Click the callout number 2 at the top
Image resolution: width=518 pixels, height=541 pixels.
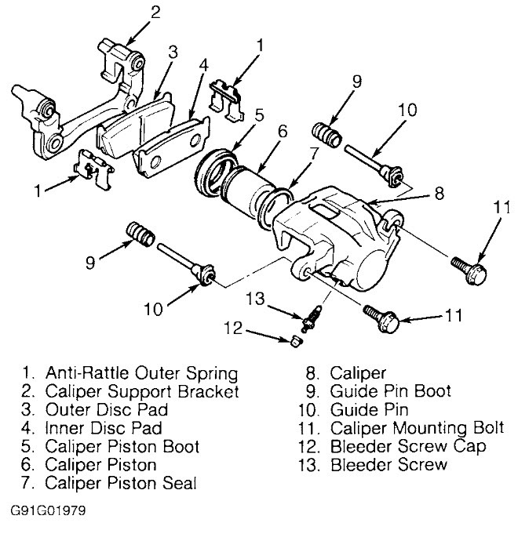coord(155,11)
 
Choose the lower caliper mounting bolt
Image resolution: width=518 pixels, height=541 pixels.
coord(382,318)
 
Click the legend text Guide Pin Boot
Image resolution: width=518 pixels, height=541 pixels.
coord(391,390)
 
